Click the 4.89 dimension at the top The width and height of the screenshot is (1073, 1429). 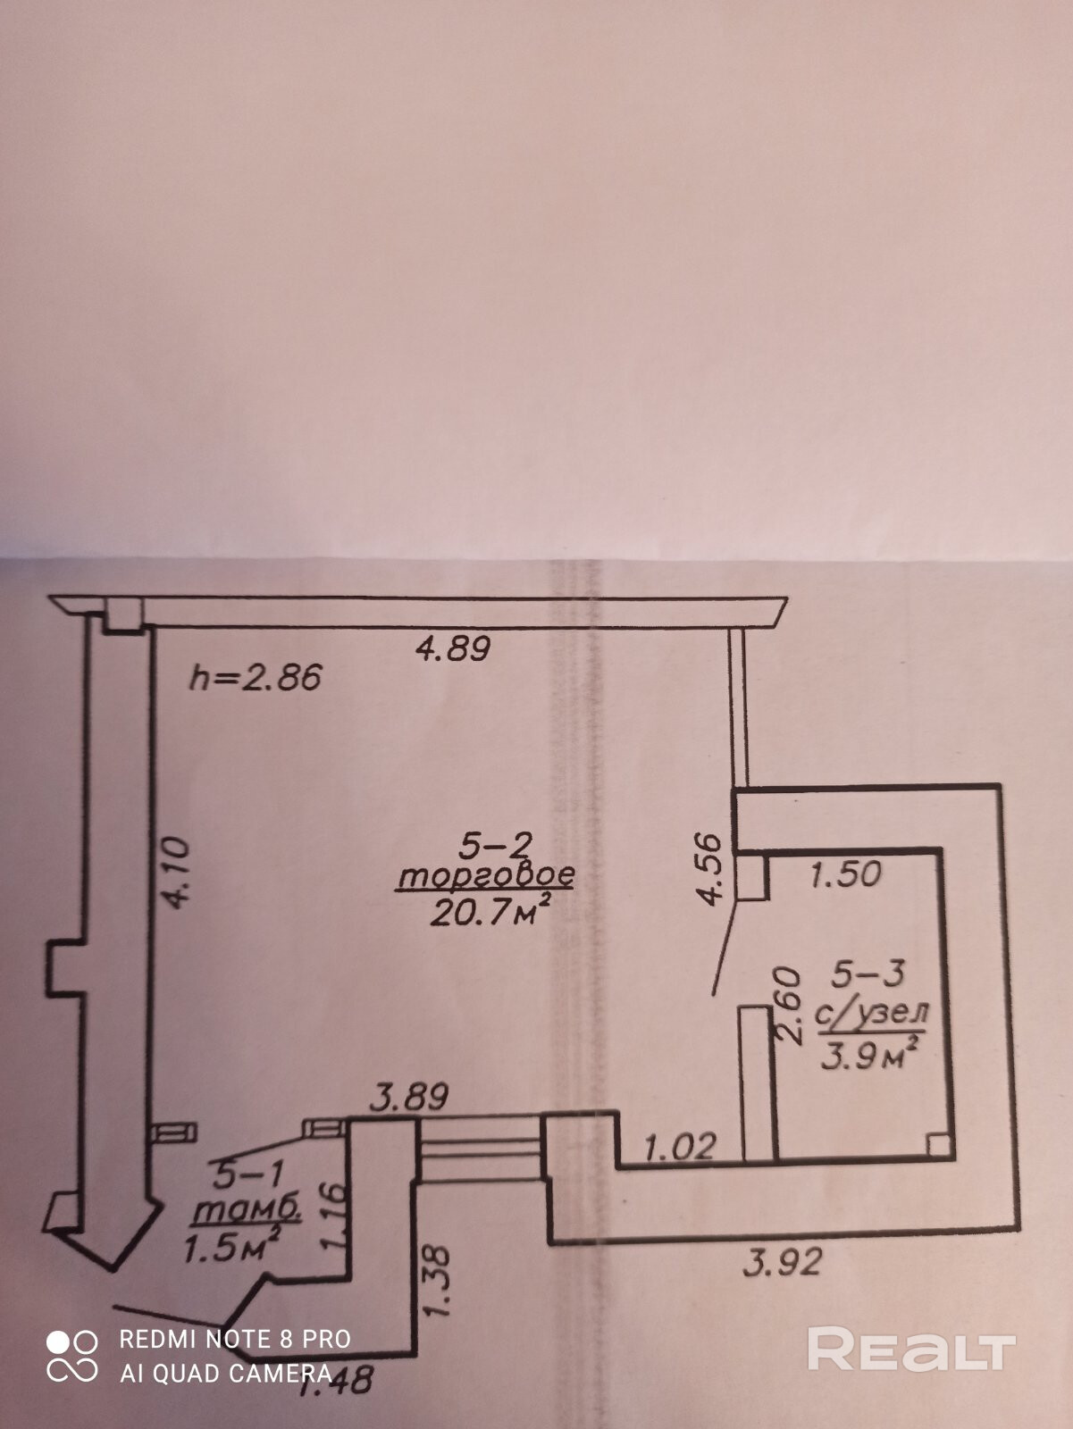point(454,648)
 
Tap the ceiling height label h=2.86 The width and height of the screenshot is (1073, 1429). point(255,679)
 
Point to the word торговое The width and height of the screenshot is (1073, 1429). point(485,877)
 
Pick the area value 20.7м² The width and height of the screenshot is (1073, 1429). point(488,912)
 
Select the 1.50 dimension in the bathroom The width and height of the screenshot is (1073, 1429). point(845,873)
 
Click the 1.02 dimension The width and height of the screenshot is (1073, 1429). point(679,1146)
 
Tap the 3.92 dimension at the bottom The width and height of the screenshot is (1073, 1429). point(782,1263)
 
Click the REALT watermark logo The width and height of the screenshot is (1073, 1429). point(911,1350)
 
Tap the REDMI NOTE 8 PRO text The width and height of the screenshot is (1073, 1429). point(235,1339)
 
